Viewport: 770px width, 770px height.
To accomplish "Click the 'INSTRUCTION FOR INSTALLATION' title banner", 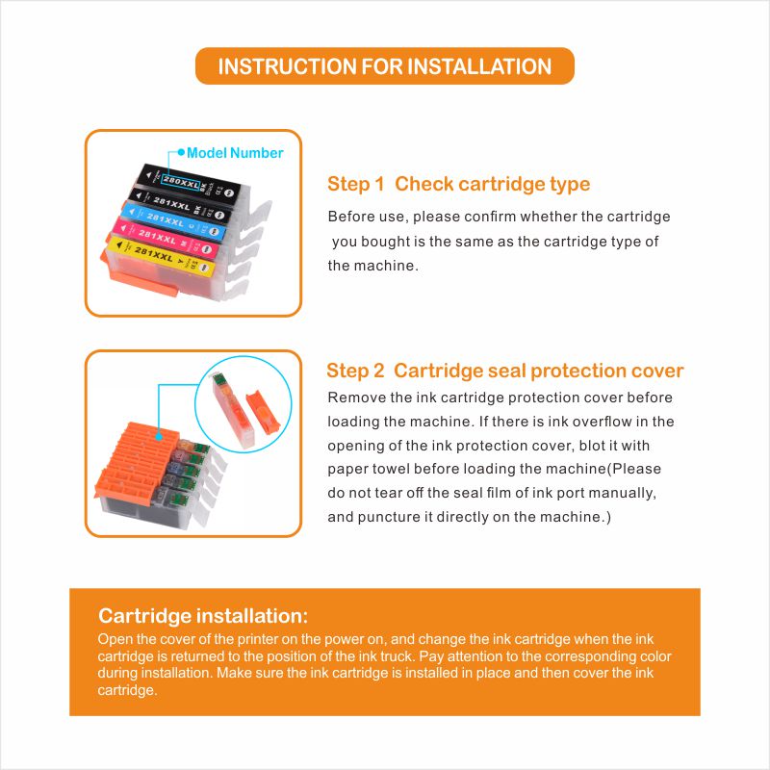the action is [384, 66].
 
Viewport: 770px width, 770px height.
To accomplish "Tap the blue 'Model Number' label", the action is [235, 153].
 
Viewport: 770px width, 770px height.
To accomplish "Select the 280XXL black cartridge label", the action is [181, 182].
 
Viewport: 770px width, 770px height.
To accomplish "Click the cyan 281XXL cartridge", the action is [174, 222].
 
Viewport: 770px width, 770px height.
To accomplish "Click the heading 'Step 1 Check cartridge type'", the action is [459, 184].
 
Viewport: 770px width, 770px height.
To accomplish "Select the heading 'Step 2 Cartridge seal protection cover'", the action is [504, 371].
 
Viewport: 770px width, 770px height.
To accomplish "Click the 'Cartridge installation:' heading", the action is [203, 616].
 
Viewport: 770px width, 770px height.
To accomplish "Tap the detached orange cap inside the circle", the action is [262, 414].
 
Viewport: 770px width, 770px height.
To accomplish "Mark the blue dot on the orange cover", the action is [159, 436].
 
